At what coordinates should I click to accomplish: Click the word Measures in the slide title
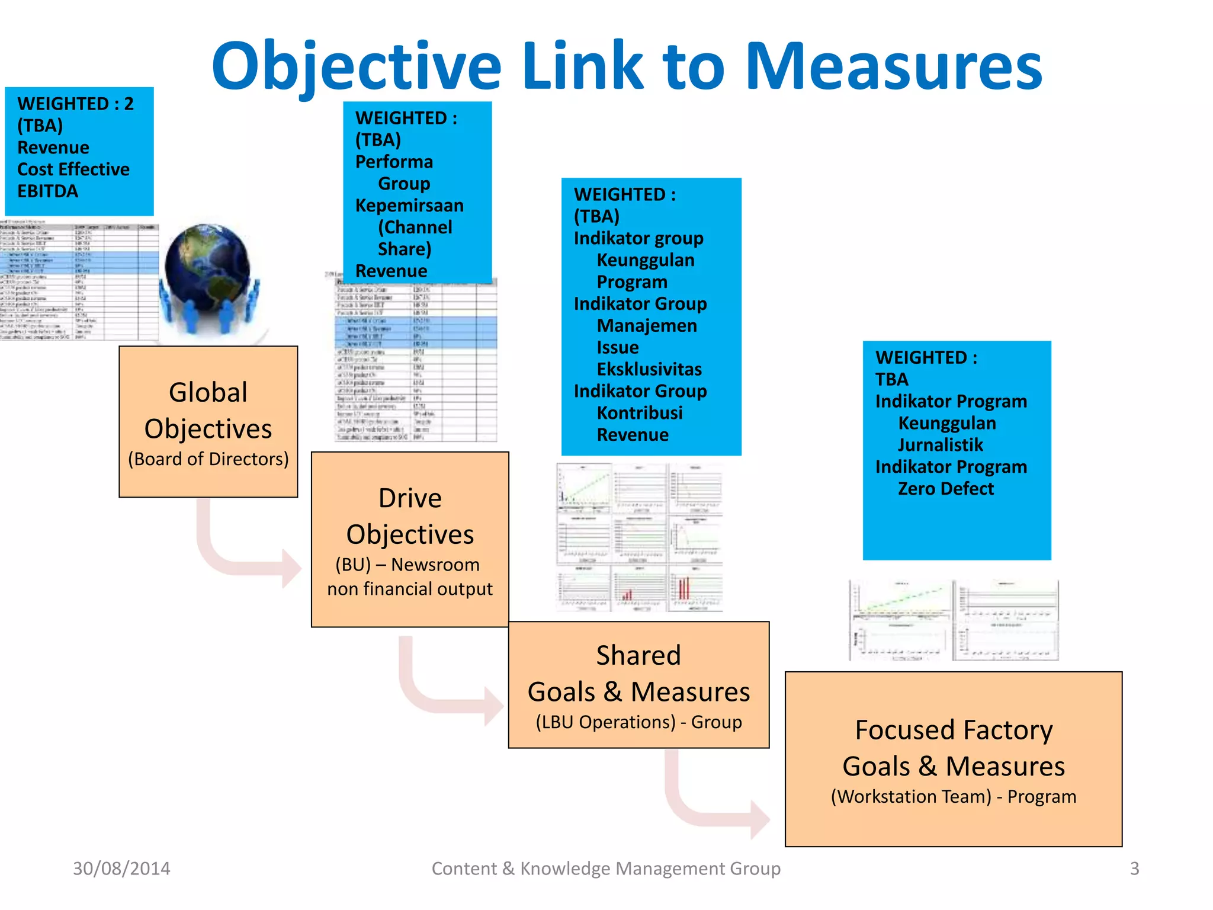[x=893, y=66]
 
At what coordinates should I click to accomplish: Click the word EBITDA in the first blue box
[x=48, y=191]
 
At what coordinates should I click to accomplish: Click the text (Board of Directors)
[x=208, y=459]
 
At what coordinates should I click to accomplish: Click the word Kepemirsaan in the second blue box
[x=409, y=206]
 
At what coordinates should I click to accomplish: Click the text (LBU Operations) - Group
[x=638, y=722]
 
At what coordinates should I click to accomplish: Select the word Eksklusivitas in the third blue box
[x=649, y=370]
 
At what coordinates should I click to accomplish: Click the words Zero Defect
[x=945, y=489]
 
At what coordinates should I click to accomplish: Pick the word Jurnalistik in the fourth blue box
[x=940, y=445]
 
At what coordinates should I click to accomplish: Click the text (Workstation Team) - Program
[x=953, y=797]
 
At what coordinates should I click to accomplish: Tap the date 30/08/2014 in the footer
[x=121, y=869]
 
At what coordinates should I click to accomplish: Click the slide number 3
[x=1134, y=869]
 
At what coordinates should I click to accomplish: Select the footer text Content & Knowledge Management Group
[x=606, y=869]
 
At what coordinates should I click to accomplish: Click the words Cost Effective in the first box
[x=73, y=169]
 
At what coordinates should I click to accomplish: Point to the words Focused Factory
[x=954, y=730]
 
